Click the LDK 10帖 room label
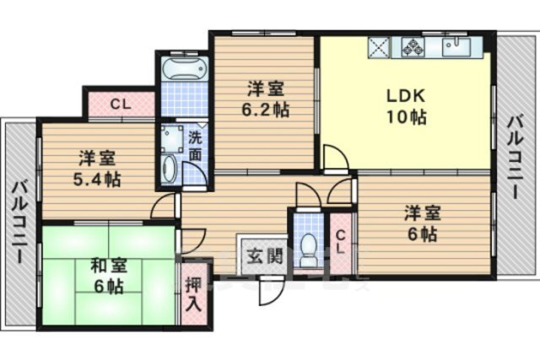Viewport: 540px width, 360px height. point(407,107)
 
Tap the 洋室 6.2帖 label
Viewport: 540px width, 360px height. point(266,99)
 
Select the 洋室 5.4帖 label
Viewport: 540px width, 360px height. point(97,169)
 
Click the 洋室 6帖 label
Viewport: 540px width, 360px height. point(423,224)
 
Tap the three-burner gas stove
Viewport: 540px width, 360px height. point(413,47)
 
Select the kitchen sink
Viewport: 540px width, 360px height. point(456,47)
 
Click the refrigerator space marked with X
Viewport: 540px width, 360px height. point(379,47)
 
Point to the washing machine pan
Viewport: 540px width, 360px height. point(172,138)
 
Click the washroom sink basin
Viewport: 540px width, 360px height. point(169,169)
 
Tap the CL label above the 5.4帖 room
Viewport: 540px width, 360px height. point(121,105)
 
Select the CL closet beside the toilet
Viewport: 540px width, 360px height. point(340,242)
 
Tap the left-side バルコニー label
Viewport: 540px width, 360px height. point(19,223)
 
